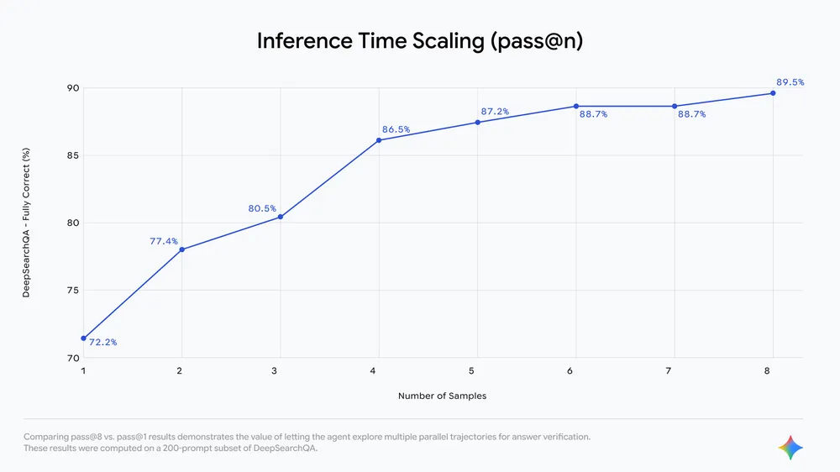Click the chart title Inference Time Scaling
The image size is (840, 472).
tap(419, 42)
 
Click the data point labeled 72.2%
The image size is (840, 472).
tap(83, 338)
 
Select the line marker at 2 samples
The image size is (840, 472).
tap(181, 249)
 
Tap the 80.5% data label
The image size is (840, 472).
tap(262, 208)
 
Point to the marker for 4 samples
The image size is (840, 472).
tap(379, 140)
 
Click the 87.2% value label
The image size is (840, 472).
tap(495, 111)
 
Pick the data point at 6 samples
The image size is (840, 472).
tap(576, 106)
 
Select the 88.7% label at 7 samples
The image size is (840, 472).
tap(691, 114)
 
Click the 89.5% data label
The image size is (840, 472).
tap(790, 82)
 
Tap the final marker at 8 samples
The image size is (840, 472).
tap(773, 93)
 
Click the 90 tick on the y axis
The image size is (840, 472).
tap(72, 88)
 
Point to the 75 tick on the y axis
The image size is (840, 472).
tap(72, 291)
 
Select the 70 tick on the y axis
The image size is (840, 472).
tap(72, 358)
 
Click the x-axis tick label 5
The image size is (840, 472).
tap(477, 370)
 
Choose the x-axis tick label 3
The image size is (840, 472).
tap(280, 370)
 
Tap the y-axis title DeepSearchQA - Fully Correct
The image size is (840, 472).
tap(26, 223)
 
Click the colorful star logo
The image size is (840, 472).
tap(790, 448)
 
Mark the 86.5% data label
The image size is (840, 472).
tap(396, 129)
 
